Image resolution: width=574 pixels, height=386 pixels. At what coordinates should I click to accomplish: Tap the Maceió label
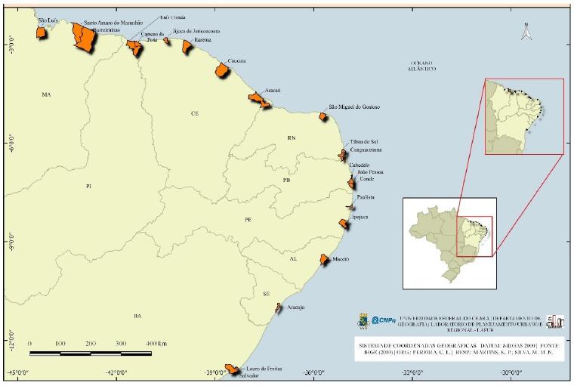(341, 259)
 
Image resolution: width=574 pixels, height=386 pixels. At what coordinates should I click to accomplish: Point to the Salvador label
(243, 375)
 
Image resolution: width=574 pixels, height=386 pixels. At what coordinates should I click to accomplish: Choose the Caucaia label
(227, 60)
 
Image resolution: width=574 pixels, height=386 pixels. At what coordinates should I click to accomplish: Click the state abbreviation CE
(194, 113)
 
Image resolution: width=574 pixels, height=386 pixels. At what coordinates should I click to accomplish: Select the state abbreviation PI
(88, 185)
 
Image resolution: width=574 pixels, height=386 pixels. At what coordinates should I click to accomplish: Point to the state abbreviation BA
(137, 316)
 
